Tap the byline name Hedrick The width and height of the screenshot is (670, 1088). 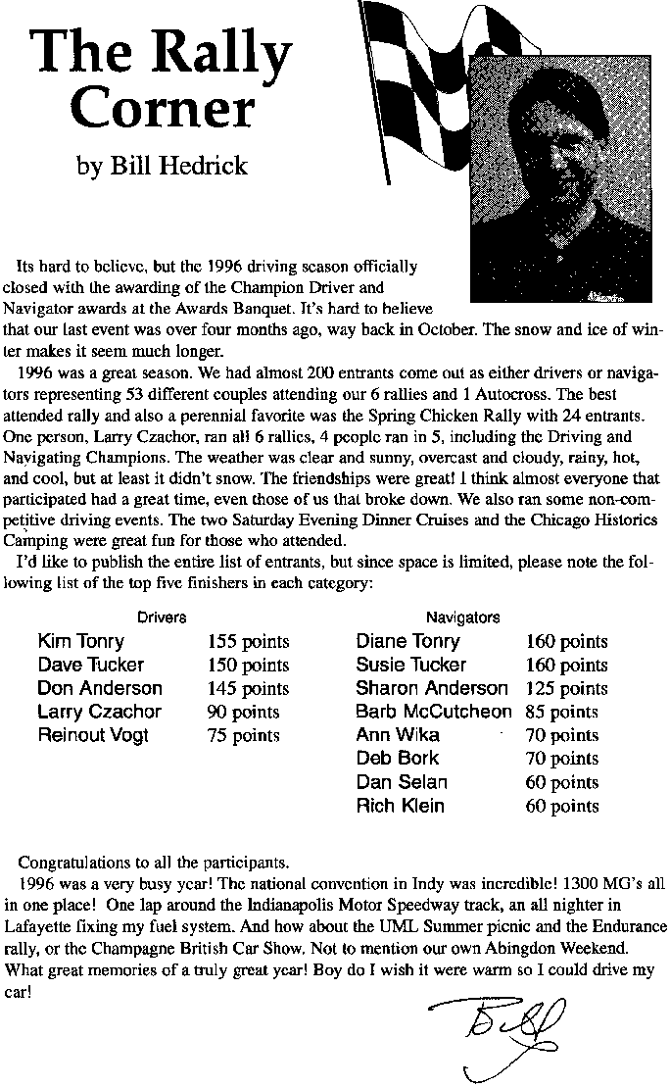(207, 165)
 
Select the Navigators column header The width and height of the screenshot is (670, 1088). (462, 618)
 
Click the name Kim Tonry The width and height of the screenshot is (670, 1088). (81, 642)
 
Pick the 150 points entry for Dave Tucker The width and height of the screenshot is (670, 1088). (248, 666)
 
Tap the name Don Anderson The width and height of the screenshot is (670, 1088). (100, 688)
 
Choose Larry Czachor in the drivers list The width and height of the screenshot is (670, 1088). (99, 712)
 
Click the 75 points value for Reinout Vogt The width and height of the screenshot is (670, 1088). (243, 735)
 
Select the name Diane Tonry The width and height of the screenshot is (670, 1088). (407, 642)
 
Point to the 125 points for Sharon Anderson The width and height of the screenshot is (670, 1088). (567, 688)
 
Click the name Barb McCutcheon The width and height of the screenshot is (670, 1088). (434, 712)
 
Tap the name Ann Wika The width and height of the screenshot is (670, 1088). (398, 735)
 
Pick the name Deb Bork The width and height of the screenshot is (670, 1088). (398, 759)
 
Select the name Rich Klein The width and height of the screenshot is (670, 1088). (400, 806)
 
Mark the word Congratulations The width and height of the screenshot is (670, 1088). (80, 864)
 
